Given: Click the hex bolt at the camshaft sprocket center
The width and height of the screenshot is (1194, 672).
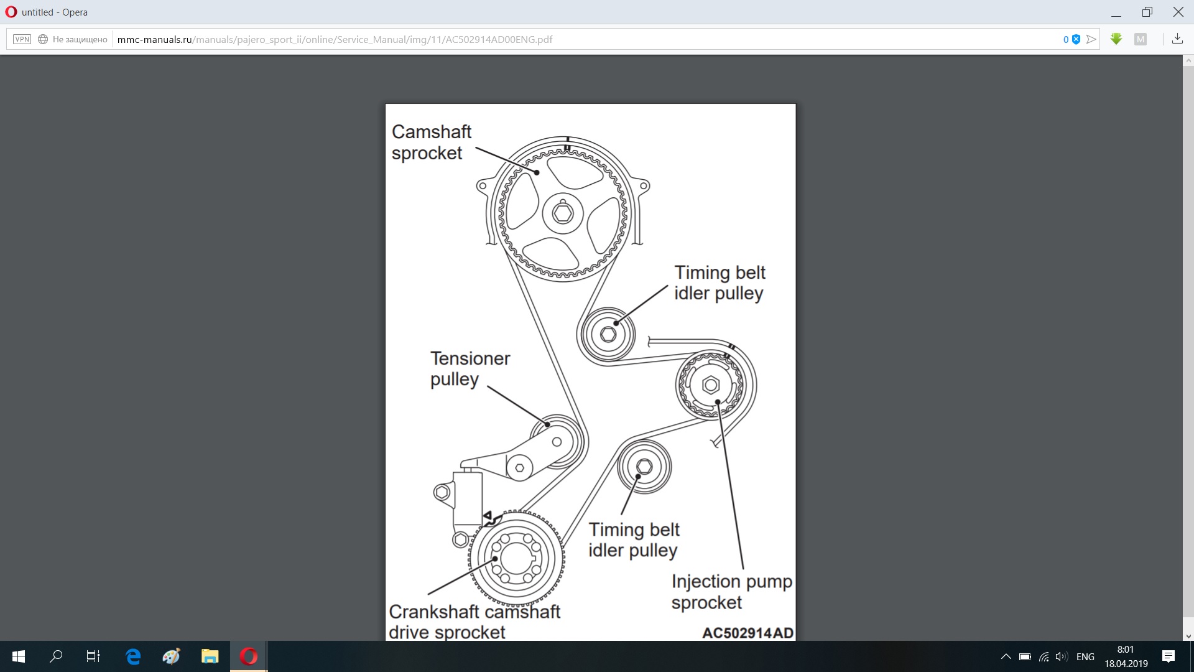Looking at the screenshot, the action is click(563, 213).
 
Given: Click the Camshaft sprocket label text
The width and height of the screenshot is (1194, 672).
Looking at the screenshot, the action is click(432, 142).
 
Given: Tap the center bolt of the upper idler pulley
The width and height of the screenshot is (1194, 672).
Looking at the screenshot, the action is click(608, 334).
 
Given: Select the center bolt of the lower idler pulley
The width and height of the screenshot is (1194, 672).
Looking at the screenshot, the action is click(644, 466).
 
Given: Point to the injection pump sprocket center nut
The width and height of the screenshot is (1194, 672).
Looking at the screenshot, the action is click(710, 385).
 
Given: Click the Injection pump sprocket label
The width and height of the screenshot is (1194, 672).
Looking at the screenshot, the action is click(732, 592).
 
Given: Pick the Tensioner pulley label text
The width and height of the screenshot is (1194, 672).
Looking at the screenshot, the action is click(470, 369).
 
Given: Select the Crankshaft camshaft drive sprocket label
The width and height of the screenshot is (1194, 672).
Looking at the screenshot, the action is click(474, 622).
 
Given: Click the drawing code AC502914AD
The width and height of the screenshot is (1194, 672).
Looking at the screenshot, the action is click(747, 633).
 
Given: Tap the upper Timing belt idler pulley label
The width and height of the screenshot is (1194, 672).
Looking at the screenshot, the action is click(720, 282).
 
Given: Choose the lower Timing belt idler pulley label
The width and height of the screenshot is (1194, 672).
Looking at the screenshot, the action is click(634, 539).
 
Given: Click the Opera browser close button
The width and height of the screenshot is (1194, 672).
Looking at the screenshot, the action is click(1178, 12).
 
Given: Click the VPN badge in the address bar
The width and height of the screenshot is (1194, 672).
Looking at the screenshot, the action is click(22, 39).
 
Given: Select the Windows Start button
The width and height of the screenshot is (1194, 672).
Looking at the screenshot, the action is click(19, 656).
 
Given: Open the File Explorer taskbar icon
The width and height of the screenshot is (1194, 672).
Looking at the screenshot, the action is click(210, 656).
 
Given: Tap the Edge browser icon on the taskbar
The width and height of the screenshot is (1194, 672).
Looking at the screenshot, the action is click(133, 656).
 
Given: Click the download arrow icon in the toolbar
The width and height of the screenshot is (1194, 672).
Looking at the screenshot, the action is click(1177, 39).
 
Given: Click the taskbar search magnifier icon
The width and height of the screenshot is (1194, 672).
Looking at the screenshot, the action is click(56, 656).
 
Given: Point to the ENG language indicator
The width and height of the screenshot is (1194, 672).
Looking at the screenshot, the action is click(1085, 656).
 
